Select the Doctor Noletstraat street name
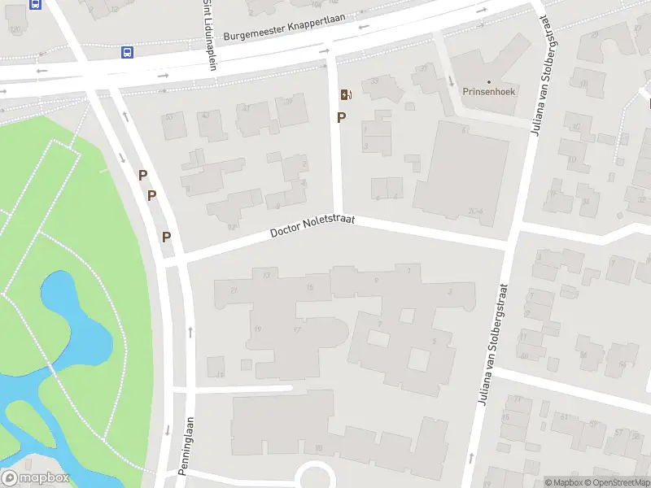(313, 227)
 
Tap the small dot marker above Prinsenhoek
(489, 82)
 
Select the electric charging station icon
(345, 94)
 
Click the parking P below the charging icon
(342, 117)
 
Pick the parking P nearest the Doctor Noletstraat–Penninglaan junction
(167, 237)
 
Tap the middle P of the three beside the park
(151, 195)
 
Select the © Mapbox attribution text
(564, 482)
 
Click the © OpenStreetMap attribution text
(617, 482)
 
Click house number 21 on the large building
(235, 290)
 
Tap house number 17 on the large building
(298, 329)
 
